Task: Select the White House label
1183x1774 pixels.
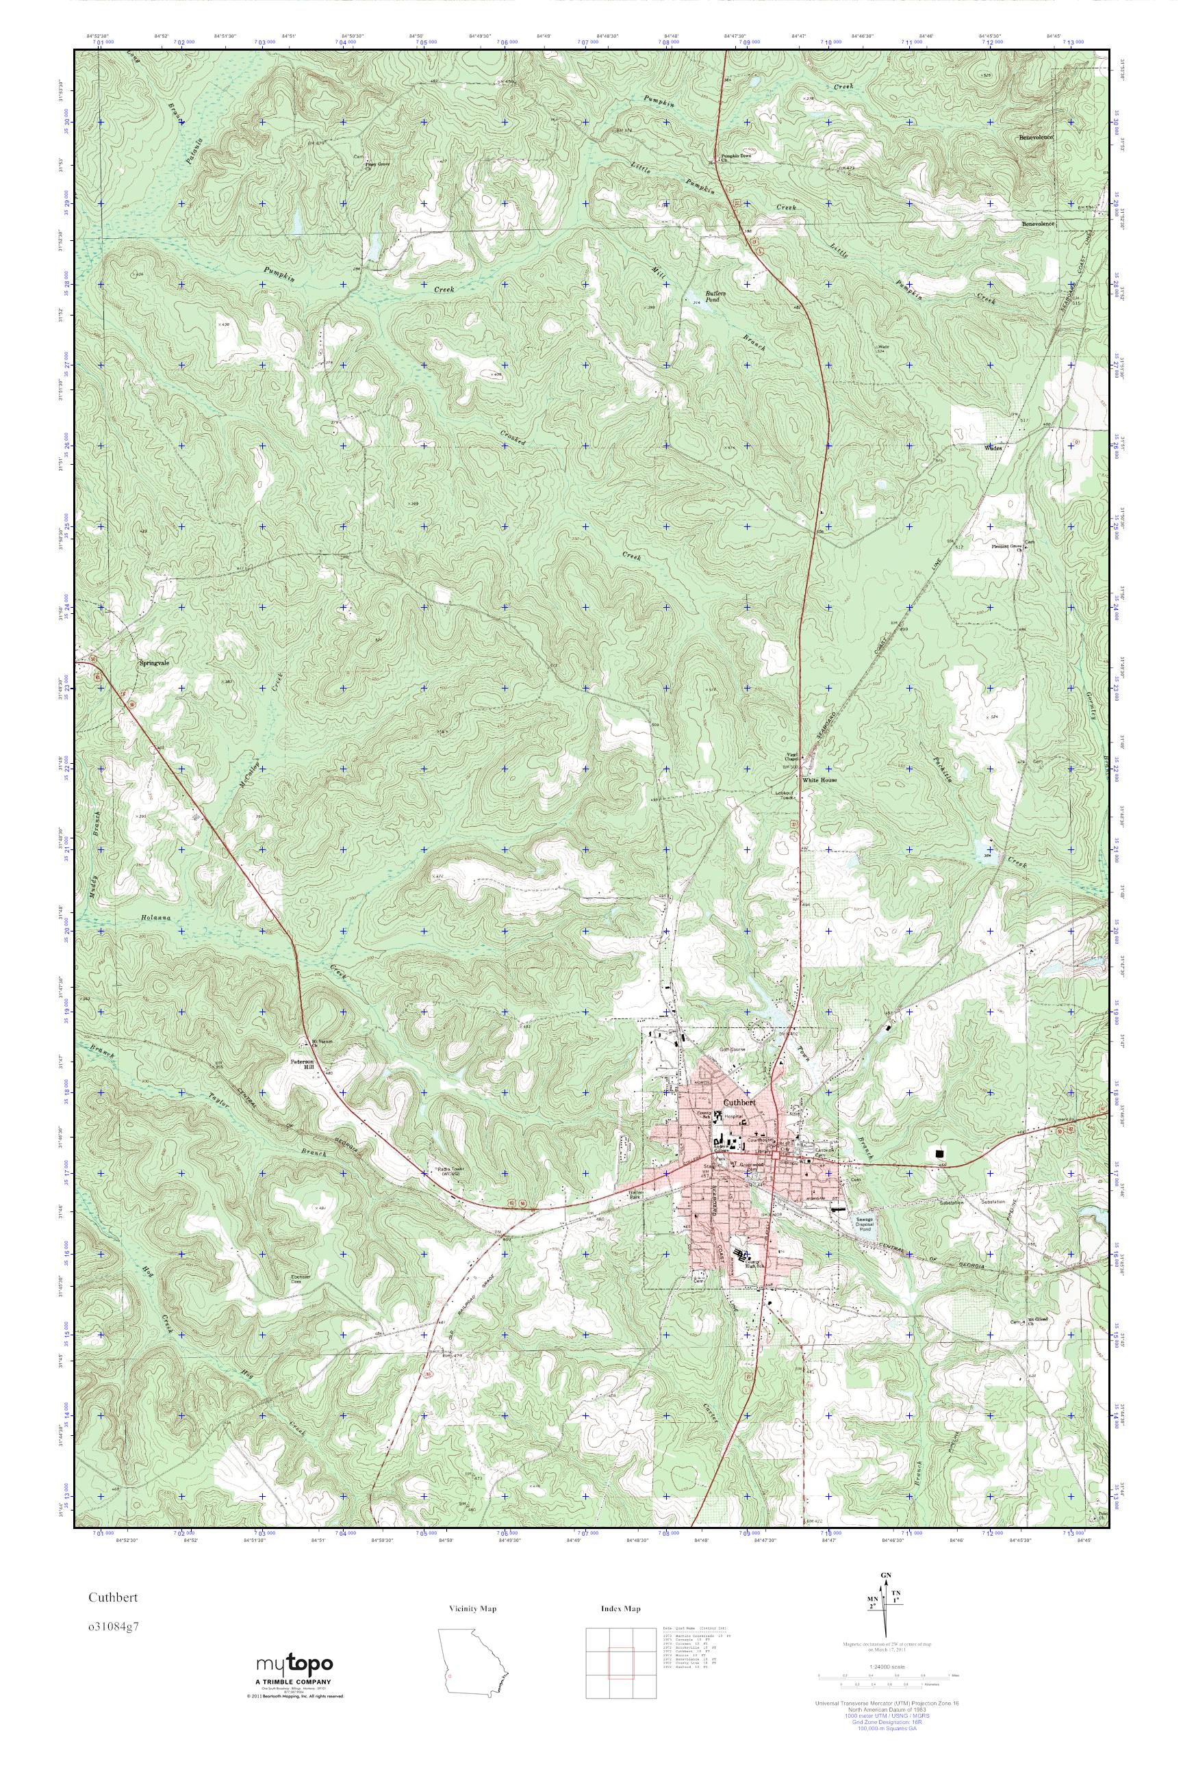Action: [x=819, y=781]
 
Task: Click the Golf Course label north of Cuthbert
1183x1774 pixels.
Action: [x=730, y=1049]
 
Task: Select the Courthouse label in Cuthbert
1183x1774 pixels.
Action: [x=760, y=1140]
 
